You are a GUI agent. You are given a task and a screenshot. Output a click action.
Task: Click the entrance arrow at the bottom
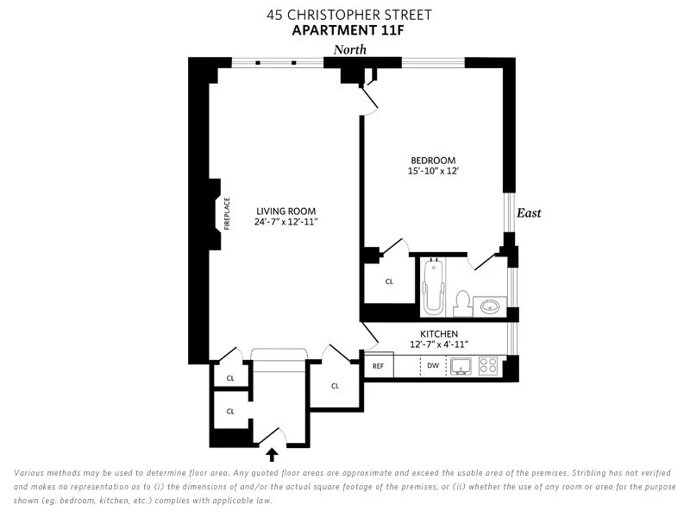273,453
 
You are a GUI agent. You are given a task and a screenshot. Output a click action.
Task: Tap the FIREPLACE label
228,214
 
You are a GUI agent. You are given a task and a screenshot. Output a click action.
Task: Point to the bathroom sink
492,306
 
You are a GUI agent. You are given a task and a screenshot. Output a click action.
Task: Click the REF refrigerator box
378,366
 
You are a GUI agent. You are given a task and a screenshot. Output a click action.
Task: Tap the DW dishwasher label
433,366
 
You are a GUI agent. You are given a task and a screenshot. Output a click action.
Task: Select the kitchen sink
460,366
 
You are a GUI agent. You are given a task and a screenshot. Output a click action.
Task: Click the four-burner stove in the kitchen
488,366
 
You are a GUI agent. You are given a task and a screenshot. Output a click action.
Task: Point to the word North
350,50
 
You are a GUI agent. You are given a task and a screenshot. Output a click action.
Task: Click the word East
529,213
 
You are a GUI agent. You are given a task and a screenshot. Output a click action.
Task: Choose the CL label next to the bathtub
389,281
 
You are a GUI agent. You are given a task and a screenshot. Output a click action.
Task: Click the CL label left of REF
335,386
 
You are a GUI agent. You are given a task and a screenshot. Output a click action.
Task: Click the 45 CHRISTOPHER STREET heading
349,15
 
